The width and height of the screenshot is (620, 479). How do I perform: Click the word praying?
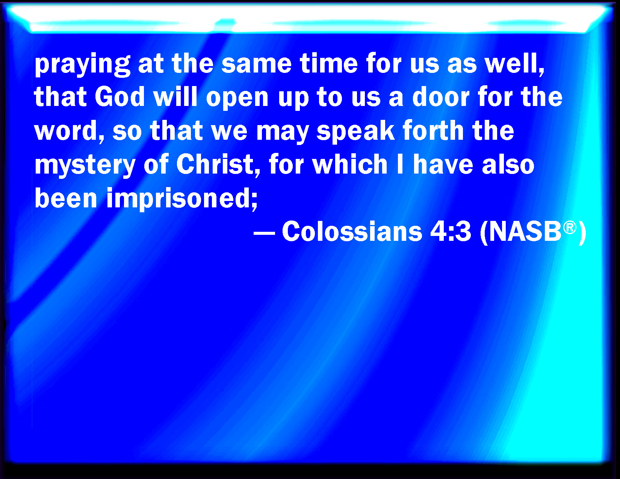[82, 65]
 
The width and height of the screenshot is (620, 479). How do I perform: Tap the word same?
[257, 64]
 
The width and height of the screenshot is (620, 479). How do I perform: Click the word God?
[119, 97]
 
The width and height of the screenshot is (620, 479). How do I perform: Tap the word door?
[441, 97]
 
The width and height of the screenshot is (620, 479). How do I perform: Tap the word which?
[350, 164]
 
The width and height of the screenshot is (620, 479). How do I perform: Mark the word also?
[508, 164]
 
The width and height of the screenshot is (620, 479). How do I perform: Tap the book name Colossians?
[352, 231]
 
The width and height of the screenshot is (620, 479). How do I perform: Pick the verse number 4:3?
[451, 231]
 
